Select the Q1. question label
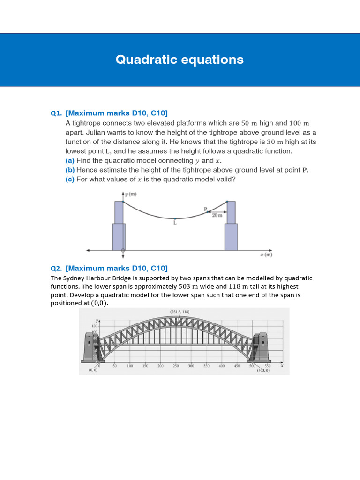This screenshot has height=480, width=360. pyautogui.click(x=57, y=113)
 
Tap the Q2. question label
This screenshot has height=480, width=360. pyautogui.click(x=57, y=268)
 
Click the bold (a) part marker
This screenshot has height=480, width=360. pyautogui.click(x=70, y=161)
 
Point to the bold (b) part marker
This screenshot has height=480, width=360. pyautogui.click(x=70, y=170)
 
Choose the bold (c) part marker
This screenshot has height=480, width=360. pyautogui.click(x=70, y=180)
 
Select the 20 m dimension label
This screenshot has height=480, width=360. pyautogui.click(x=217, y=216)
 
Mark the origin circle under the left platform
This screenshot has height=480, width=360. pyautogui.click(x=123, y=251)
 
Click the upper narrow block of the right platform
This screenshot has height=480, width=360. pyautogui.click(x=231, y=212)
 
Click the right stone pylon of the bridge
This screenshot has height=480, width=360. pyautogui.click(x=261, y=347)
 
